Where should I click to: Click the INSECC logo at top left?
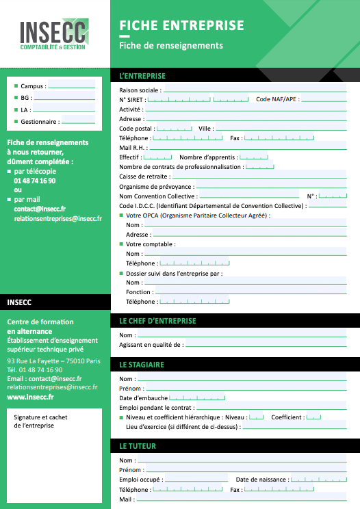pyautogui.click(x=54, y=36)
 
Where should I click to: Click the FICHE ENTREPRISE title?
pyautogui.click(x=181, y=26)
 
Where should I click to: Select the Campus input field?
pyautogui.click(x=71, y=86)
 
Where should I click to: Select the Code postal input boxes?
pyautogui.click(x=175, y=128)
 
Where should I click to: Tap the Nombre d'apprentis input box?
pyautogui.click(x=253, y=157)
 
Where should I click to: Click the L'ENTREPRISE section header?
pyautogui.click(x=142, y=76)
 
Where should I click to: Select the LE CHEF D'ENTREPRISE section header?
pyautogui.click(x=157, y=321)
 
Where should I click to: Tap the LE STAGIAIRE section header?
pyautogui.click(x=142, y=365)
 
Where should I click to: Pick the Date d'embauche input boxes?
pyautogui.click(x=196, y=398)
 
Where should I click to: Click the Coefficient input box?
pyautogui.click(x=313, y=417)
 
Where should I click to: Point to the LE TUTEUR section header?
pyautogui.click(x=138, y=446)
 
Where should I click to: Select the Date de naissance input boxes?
pyautogui.click(x=318, y=480)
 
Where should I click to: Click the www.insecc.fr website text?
pyautogui.click(x=31, y=396)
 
